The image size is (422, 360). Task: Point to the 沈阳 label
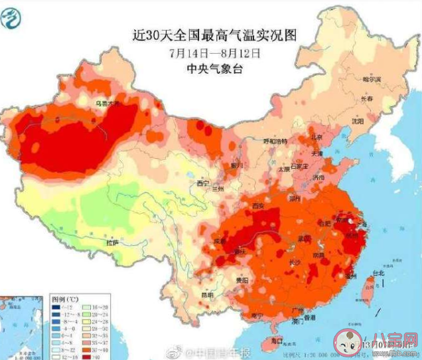(x=358, y=122)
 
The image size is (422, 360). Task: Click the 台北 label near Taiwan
(x=377, y=273)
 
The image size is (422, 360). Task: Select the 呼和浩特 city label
(x=276, y=141)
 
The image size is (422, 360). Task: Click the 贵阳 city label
(x=249, y=281)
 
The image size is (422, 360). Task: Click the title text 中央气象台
(x=214, y=66)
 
